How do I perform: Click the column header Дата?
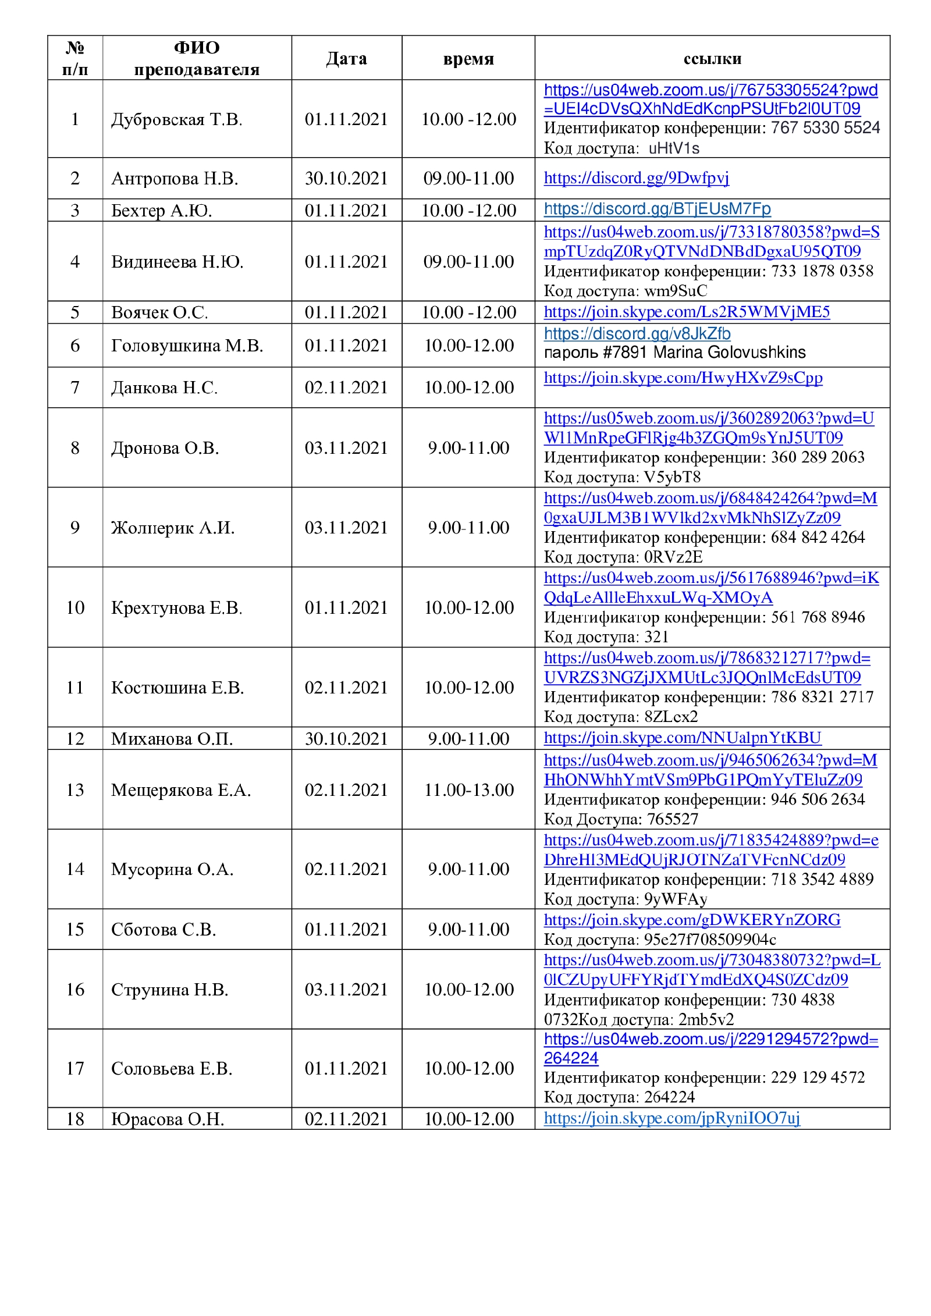coord(346,58)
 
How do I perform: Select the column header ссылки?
coord(712,58)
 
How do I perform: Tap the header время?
coord(468,58)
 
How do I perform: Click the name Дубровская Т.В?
coord(176,119)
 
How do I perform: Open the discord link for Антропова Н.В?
coord(636,178)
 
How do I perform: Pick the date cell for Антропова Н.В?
coord(346,178)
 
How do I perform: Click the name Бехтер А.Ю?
coord(161,210)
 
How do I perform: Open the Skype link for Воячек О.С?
coord(687,312)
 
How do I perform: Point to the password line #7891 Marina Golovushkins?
coord(674,353)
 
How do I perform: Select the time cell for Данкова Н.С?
coord(468,387)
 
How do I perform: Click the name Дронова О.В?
coord(165,448)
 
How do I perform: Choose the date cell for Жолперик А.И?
coord(346,528)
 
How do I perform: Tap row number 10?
coord(75,607)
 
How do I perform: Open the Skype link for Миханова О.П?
coord(683,738)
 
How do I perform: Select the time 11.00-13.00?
coord(468,789)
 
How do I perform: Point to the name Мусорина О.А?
coord(172,869)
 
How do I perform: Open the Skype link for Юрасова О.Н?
coord(671,1118)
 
